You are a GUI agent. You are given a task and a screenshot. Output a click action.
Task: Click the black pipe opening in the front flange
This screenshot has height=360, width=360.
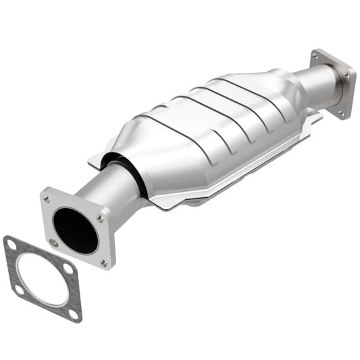point(75,230)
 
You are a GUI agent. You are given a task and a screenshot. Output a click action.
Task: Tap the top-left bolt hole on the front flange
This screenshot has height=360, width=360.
point(47,199)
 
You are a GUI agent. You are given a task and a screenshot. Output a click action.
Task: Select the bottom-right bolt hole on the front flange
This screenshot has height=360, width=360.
point(103,262)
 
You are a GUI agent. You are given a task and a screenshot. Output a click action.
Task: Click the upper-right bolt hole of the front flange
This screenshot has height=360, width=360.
point(100,218)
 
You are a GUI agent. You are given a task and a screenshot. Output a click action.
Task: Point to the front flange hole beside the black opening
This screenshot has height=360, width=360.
point(54,242)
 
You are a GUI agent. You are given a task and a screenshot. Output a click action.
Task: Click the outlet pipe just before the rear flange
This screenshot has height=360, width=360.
point(317,88)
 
